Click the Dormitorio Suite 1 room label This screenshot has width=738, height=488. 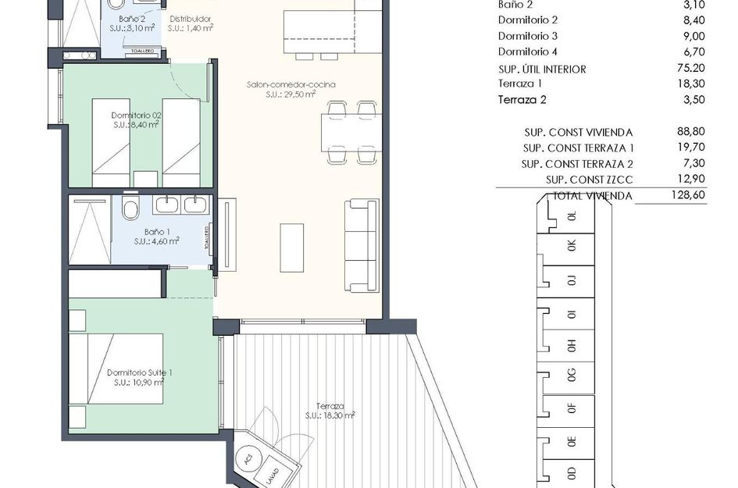pyautogui.click(x=139, y=373)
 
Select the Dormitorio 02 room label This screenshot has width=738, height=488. pyautogui.click(x=137, y=116)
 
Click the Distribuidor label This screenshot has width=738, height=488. pyautogui.click(x=190, y=19)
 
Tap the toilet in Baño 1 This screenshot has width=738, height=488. pyautogui.click(x=130, y=208)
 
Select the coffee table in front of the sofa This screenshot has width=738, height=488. pyautogui.click(x=292, y=248)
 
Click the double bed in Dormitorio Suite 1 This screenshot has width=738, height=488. pyautogui.click(x=117, y=369)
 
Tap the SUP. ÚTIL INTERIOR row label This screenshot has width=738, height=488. pyautogui.click(x=542, y=69)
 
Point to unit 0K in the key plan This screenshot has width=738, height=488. pyautogui.click(x=572, y=245)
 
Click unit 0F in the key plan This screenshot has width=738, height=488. pyautogui.click(x=572, y=407)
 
